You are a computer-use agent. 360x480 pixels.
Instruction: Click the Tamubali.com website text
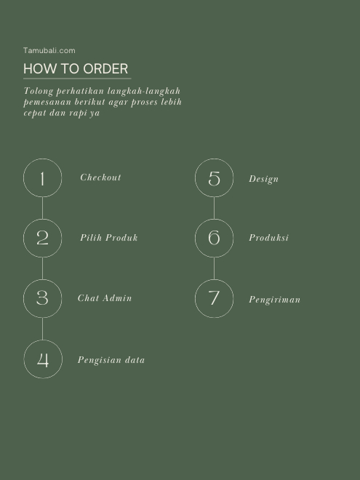tap(49, 50)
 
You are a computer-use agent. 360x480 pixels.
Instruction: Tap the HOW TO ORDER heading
tap(76, 68)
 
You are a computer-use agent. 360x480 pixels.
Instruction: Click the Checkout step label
tap(100, 177)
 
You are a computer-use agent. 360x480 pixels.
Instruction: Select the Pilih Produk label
tap(108, 238)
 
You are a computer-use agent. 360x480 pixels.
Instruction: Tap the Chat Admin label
tap(105, 298)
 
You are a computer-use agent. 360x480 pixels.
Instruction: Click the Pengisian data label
tap(111, 360)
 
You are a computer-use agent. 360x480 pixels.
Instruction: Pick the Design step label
tap(263, 179)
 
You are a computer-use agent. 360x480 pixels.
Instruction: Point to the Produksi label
tap(268, 238)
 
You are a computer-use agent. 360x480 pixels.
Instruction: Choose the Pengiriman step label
tap(274, 300)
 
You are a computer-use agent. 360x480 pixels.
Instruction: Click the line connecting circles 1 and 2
tap(43, 208)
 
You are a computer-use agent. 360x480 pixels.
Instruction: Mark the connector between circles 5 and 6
tap(214, 208)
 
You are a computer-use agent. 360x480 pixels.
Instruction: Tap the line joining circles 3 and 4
tap(43, 329)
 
